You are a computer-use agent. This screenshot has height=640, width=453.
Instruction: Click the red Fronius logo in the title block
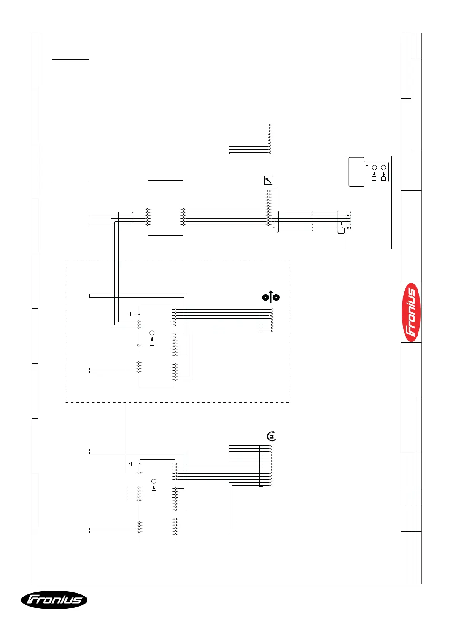coord(411,312)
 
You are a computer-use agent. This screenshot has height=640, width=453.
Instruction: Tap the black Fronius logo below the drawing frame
coord(54,600)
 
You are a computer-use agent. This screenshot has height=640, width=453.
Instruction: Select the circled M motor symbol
coord(271,436)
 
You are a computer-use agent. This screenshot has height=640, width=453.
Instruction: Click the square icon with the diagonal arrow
coord(268,181)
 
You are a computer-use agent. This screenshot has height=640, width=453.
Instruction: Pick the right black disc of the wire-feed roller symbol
coord(277,297)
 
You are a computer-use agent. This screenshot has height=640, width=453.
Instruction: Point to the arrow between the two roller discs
coord(271,296)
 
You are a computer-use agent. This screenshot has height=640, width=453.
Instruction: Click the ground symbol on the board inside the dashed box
coord(130,314)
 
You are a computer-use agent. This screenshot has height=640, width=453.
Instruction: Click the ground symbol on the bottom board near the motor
coord(130,464)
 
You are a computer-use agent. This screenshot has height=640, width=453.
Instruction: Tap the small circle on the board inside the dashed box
coord(152,333)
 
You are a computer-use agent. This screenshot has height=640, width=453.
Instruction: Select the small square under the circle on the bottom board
coord(154,493)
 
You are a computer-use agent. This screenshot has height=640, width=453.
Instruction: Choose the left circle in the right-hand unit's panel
coord(374,168)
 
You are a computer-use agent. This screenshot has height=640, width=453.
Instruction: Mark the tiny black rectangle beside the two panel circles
coord(367,166)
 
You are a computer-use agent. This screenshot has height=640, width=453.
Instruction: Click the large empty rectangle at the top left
coord(70,120)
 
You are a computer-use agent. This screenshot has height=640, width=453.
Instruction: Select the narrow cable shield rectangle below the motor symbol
coord(261,466)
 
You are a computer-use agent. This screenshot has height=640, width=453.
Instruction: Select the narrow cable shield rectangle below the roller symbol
coord(261,320)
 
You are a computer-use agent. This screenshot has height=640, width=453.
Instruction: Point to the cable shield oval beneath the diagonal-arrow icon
coord(278,222)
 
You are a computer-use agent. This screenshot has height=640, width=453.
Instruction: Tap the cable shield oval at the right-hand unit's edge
coord(338,222)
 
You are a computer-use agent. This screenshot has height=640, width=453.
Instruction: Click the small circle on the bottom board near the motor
coord(154,481)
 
